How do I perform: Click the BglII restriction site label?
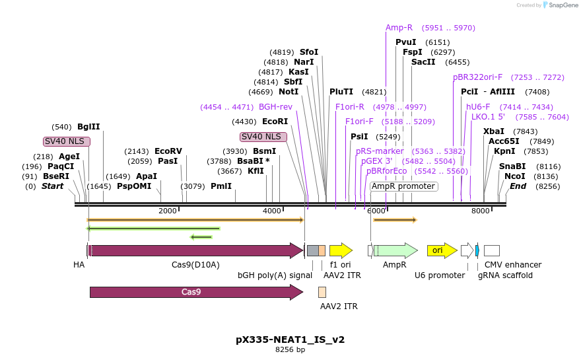[88, 127]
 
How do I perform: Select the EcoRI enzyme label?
[275, 122]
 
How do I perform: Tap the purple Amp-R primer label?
[399, 28]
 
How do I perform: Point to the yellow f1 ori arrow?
[341, 250]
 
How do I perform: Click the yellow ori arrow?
[442, 250]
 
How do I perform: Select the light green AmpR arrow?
[395, 250]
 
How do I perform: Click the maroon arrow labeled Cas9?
[196, 292]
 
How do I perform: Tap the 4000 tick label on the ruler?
[272, 210]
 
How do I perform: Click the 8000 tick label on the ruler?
[480, 210]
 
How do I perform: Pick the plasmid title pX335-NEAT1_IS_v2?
[290, 340]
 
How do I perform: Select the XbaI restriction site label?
[493, 131]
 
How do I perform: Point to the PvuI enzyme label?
[405, 42]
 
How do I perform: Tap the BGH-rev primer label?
[275, 107]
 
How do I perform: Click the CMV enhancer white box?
[491, 250]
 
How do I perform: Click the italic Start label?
[53, 186]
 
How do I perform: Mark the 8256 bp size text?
[290, 350]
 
